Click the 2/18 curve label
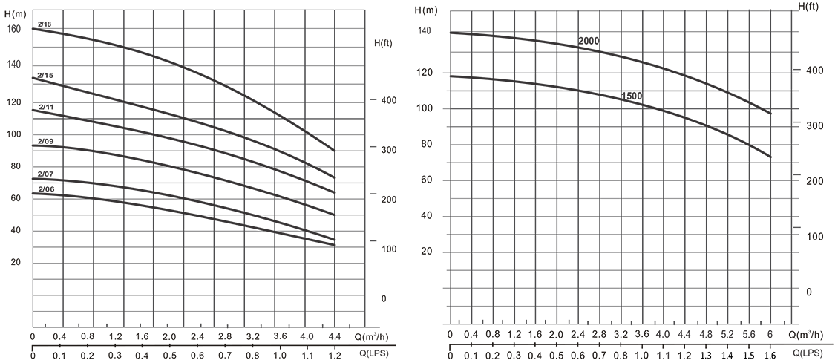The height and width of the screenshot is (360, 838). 43,24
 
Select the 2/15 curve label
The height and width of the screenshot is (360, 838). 45,76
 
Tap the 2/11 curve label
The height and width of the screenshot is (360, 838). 45,108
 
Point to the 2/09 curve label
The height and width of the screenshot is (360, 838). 45,141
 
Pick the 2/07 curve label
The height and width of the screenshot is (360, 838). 45,174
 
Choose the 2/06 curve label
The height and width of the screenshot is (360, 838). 45,189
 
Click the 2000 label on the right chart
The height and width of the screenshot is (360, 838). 589,41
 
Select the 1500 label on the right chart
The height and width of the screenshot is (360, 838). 632,96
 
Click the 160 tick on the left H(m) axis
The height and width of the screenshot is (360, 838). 13,30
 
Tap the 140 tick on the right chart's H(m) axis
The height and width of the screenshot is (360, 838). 425,31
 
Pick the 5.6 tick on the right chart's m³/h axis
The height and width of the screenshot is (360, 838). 750,335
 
